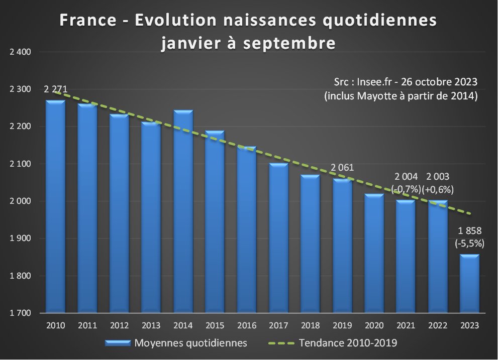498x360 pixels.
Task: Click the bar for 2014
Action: [183, 211]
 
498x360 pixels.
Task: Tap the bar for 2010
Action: [55, 206]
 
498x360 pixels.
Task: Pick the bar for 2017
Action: [278, 238]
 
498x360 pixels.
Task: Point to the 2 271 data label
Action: [55, 90]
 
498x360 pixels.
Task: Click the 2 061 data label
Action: [342, 168]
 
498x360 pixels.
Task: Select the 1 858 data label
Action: [470, 231]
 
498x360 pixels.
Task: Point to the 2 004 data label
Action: [407, 177]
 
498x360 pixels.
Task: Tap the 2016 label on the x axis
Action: [246, 325]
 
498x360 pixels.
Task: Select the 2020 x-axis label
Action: [374, 325]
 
